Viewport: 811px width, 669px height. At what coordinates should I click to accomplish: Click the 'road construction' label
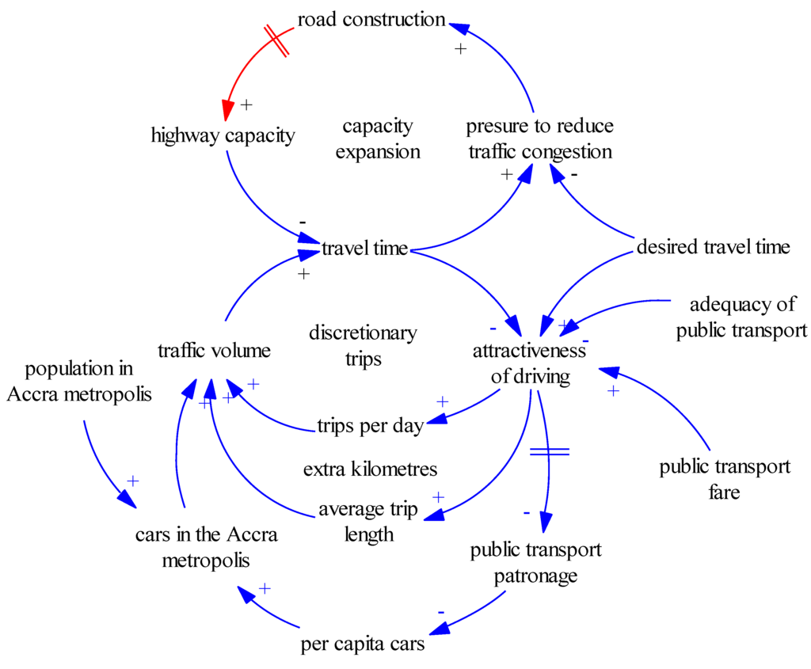(x=371, y=20)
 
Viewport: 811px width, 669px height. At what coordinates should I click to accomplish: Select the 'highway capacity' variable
(x=223, y=135)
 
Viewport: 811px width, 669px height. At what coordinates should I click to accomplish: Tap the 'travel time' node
(x=364, y=249)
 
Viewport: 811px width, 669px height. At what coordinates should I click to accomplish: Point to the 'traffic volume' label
(x=214, y=351)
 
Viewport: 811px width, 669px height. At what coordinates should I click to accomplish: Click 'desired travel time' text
(x=713, y=247)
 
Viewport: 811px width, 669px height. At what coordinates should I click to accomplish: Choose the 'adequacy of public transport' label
(x=741, y=317)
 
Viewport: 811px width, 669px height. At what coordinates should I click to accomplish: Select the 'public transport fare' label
(x=724, y=479)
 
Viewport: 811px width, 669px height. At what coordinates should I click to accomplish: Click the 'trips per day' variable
(x=370, y=426)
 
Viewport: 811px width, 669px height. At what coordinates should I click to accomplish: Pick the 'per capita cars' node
(x=363, y=644)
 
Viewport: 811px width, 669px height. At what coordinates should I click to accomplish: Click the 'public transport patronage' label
(x=535, y=562)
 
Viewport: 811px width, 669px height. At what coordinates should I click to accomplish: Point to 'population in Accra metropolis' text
(x=78, y=381)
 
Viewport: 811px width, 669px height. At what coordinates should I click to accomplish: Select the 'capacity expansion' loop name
(x=378, y=139)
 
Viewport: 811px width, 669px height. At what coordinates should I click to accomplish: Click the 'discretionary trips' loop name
(x=363, y=345)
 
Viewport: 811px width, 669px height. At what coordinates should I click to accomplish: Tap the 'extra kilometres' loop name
(x=370, y=469)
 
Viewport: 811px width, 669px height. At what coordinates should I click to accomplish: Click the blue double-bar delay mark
(x=549, y=451)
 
